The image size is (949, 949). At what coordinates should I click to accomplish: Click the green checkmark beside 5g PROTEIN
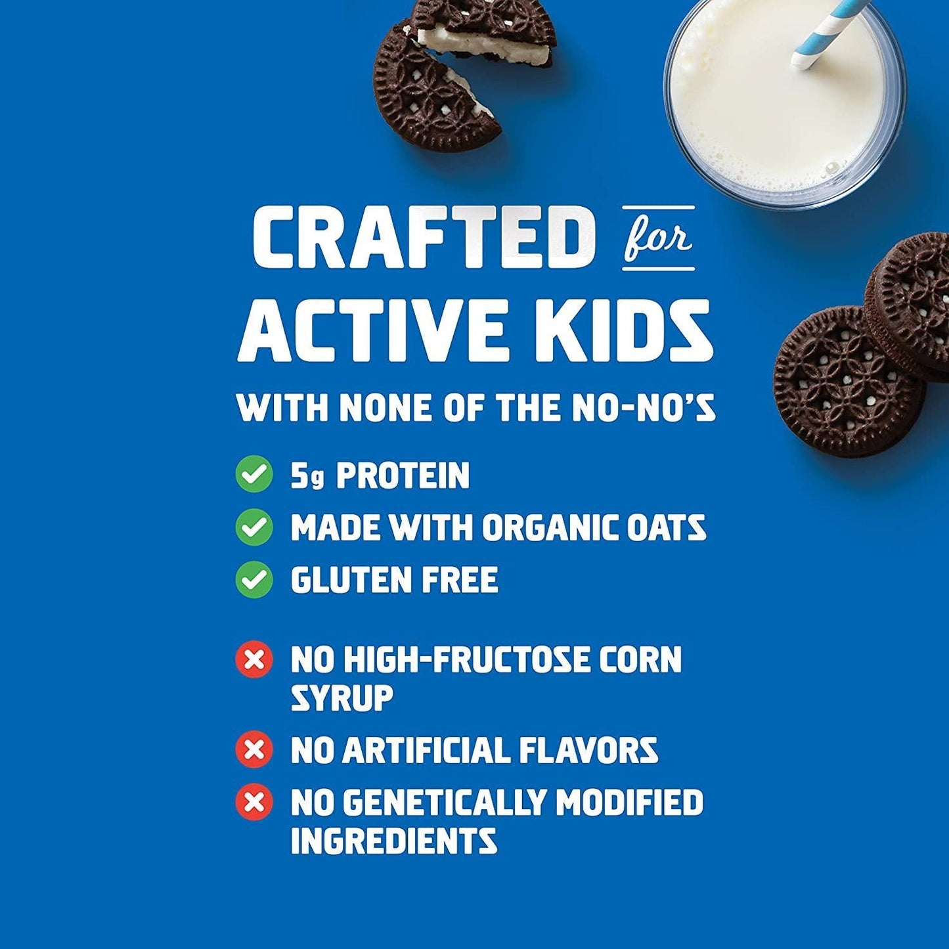tap(254, 474)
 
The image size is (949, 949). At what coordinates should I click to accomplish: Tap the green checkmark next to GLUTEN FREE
tap(254, 579)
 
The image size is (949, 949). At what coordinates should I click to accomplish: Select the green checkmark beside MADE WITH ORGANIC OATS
tap(254, 527)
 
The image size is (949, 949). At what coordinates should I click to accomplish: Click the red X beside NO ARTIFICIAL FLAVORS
tap(254, 749)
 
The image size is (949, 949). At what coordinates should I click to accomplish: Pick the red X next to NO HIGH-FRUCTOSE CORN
tap(254, 659)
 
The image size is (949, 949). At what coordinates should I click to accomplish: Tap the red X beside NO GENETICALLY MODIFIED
tap(254, 802)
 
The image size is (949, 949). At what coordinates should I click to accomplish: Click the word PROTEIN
tap(403, 475)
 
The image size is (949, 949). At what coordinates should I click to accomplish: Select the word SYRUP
tap(342, 697)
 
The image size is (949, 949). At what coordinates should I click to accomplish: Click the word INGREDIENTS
tap(393, 841)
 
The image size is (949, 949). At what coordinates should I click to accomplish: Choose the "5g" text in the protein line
tap(307, 475)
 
